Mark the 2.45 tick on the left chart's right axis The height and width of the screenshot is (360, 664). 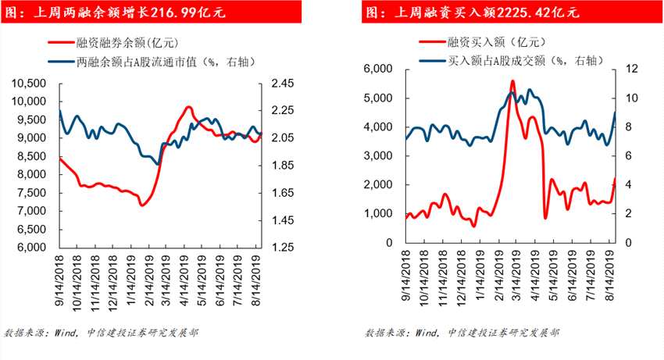pos(281,84)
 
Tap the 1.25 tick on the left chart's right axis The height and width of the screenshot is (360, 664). pos(281,248)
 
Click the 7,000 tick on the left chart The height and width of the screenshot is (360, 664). pos(35,212)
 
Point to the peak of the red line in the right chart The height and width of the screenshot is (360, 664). pos(512,80)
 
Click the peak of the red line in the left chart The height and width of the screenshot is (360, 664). pos(188,107)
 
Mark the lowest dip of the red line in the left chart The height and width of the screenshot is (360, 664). pos(141,205)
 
